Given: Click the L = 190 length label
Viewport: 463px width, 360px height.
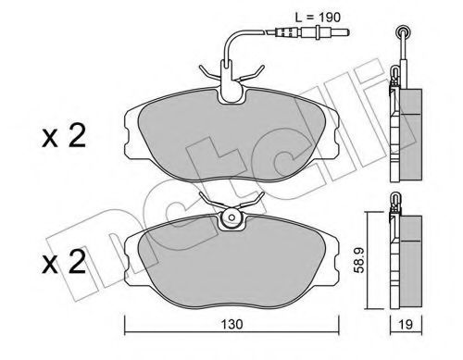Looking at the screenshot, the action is pos(318,18).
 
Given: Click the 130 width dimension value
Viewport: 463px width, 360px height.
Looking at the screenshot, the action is pos(231,324).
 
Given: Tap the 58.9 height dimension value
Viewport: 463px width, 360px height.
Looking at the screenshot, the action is pos(359,260).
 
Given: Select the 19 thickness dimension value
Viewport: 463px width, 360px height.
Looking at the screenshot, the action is pos(406,325).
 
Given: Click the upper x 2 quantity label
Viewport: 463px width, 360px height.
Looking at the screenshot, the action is pos(64,136).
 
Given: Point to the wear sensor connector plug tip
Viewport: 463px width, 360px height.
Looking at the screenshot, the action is pos(347,31).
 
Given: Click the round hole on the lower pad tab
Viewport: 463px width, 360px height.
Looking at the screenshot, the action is pos(231,217).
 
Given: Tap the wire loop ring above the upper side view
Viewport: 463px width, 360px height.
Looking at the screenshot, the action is pos(403,31).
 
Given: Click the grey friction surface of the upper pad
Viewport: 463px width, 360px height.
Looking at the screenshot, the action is pos(231,136).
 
